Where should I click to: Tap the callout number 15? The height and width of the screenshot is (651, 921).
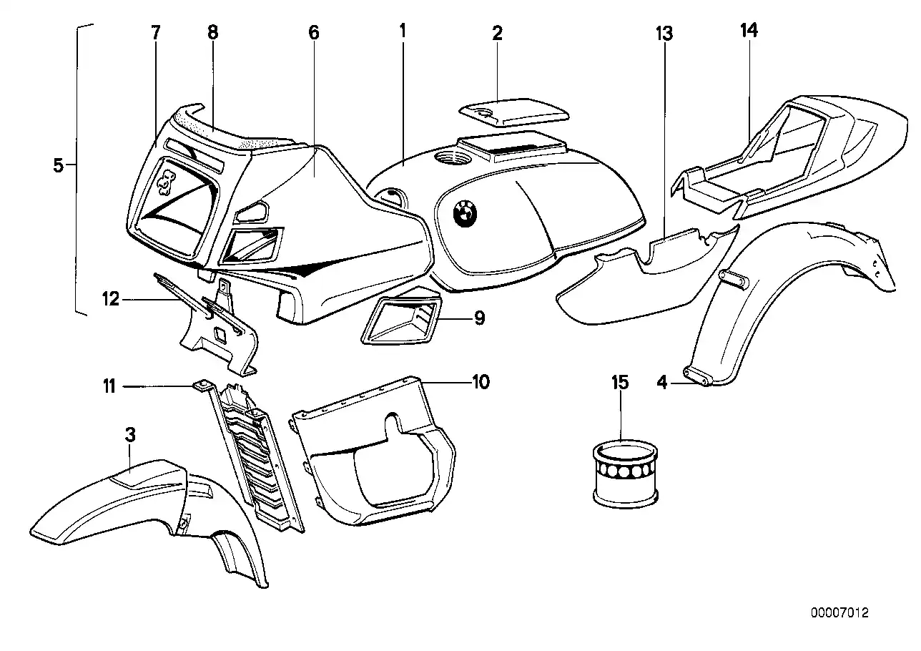620,383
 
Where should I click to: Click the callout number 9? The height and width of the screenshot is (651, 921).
479,318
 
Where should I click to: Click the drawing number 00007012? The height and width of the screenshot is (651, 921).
839,613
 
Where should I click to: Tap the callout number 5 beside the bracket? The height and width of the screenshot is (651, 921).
59,166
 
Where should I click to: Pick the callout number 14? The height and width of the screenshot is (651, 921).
750,31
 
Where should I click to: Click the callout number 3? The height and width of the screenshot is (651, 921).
130,434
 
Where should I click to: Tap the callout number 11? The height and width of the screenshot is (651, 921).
109,386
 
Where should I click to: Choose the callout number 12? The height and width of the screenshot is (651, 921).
110,300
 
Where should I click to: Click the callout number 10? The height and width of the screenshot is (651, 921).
481,382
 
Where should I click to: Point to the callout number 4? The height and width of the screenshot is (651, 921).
662,384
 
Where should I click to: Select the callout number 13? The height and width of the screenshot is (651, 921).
664,32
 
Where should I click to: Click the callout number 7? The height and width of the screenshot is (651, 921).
156,32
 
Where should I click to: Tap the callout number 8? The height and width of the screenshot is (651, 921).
212,32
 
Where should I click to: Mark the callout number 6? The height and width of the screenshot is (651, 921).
314,32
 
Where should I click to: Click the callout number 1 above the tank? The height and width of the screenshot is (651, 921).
403,31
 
